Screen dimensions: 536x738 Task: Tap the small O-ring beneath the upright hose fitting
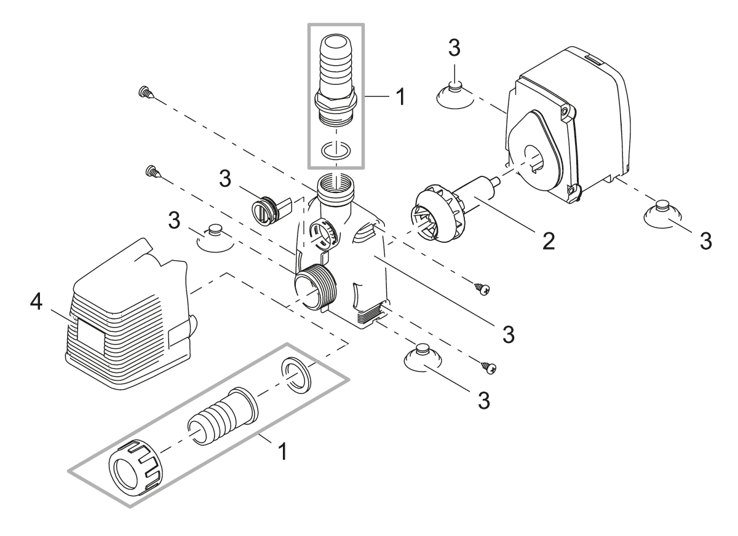335,150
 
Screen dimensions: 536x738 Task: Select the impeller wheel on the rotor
430,213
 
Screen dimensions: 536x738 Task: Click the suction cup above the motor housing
454,93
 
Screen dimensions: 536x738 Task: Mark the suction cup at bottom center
421,357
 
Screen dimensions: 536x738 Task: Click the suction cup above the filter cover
215,237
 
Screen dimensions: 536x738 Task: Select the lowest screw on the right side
489,368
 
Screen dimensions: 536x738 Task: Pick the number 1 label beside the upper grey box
400,97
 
